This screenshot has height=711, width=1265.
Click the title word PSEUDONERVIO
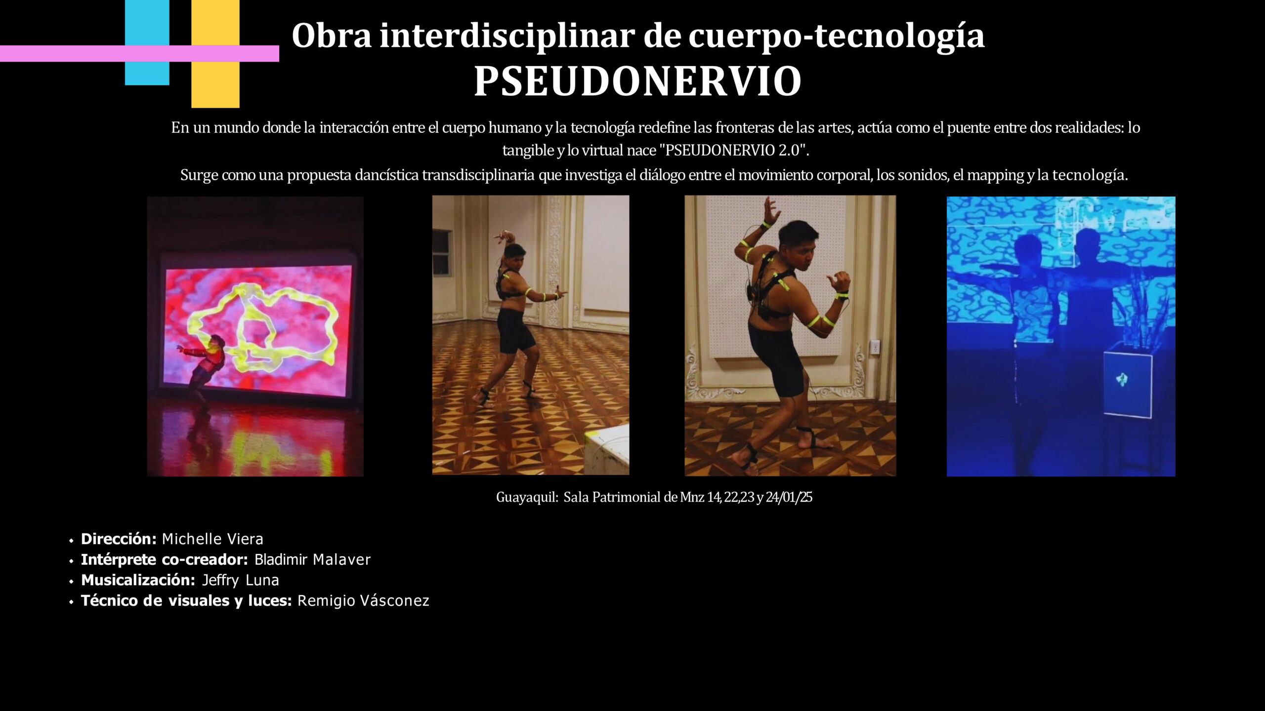(637, 81)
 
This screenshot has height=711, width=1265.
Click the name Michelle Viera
(212, 539)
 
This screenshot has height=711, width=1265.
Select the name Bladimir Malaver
(312, 559)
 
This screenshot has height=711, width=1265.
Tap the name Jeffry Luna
(241, 580)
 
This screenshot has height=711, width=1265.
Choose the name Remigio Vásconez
(363, 600)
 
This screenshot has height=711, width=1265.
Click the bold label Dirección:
(119, 539)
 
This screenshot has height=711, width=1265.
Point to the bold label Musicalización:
(138, 580)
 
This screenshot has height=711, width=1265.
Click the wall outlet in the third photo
(875, 347)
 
